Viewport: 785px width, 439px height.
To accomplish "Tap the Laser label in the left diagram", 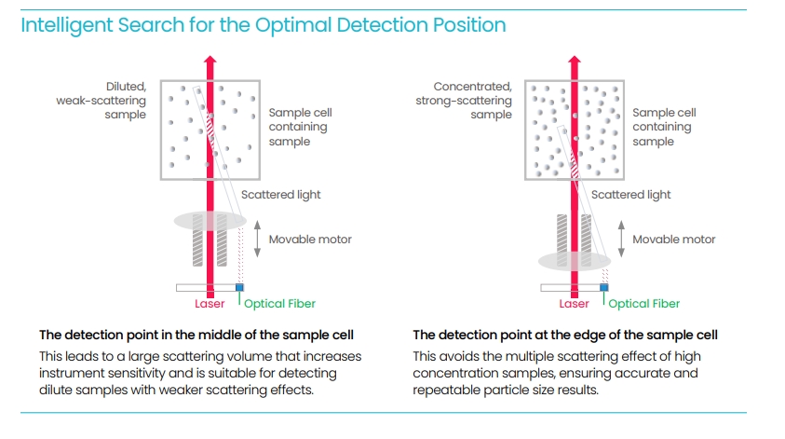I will pos(210,304).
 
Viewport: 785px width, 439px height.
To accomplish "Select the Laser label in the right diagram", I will pos(574,304).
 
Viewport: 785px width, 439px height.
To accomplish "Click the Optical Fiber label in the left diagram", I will pos(279,304).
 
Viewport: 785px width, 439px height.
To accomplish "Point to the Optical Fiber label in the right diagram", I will pos(644,304).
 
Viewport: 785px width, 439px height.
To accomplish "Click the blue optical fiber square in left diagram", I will pos(240,288).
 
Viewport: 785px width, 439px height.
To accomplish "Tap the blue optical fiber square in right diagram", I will pos(604,288).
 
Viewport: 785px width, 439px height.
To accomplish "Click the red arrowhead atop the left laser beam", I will pos(210,62).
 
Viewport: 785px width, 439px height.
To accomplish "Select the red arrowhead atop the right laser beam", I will pos(575,62).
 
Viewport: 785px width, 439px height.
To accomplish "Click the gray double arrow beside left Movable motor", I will pos(256,240).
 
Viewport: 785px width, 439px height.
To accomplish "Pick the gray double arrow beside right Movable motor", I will pos(620,240).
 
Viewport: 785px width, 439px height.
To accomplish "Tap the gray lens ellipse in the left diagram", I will pos(210,221).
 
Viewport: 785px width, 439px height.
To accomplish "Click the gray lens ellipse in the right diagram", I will pos(575,260).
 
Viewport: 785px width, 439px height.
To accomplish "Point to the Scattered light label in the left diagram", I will pos(280,195).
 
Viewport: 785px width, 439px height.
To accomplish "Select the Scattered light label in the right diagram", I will pos(631,195).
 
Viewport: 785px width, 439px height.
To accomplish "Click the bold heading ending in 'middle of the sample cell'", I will pos(196,335).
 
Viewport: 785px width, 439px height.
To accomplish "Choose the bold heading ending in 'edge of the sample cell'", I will pos(565,335).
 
